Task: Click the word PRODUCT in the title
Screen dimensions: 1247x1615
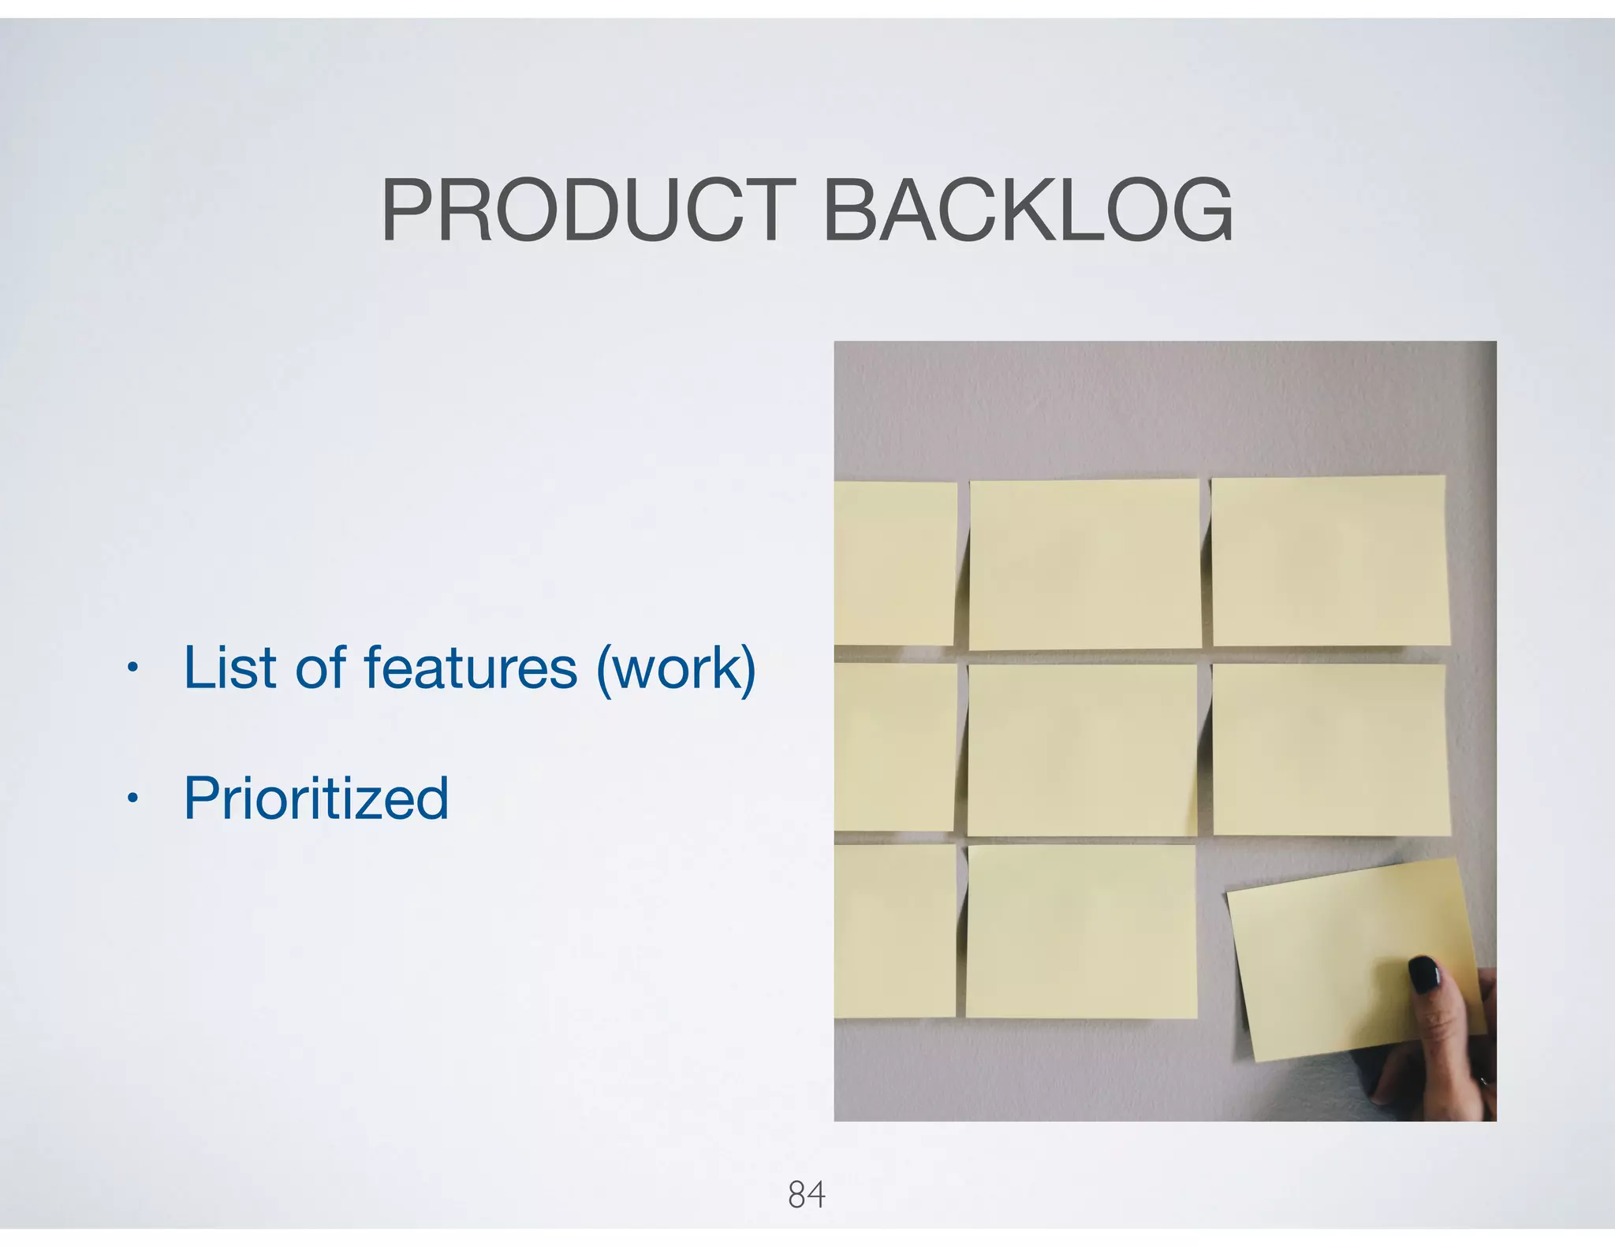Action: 588,210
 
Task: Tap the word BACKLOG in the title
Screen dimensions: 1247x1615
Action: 1027,210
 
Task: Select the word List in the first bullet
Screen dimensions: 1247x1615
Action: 229,668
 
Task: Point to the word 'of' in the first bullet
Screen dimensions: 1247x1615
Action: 320,668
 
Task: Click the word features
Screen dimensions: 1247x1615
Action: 471,668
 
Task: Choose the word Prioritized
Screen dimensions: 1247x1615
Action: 316,798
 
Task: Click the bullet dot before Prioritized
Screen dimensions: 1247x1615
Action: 132,800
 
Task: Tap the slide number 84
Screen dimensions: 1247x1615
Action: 806,1195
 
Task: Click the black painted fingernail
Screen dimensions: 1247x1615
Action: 1425,975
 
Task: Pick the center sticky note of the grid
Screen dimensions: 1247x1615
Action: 1082,750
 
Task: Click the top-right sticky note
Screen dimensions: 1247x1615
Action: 1330,560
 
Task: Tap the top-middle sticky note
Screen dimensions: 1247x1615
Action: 1085,564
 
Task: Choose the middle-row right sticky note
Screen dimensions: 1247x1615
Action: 1330,749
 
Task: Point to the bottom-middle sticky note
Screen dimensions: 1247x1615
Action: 1081,931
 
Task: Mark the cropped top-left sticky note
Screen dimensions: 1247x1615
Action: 895,564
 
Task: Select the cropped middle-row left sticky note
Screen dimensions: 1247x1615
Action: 895,746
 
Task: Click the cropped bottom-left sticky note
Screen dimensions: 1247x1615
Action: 895,930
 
